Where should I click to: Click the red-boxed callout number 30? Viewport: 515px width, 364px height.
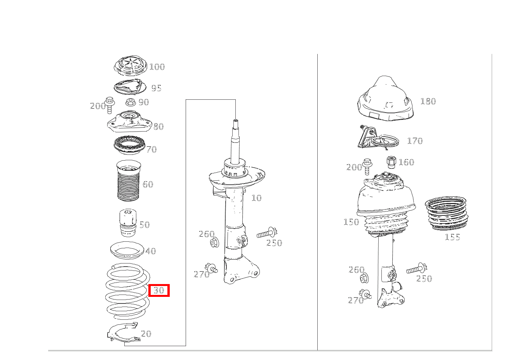(158, 290)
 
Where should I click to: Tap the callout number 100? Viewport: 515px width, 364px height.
(157, 67)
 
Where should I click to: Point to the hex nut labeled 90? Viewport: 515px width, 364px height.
(130, 102)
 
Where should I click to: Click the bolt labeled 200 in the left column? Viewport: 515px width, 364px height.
(110, 105)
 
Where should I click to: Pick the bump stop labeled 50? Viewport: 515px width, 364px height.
(128, 222)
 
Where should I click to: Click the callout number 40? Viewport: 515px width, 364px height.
(151, 251)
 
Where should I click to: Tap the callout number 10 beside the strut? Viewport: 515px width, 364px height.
(256, 198)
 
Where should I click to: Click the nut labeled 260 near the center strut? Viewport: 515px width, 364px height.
(214, 243)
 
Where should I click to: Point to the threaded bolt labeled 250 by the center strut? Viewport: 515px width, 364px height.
(267, 234)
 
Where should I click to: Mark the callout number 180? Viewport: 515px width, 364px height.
(428, 101)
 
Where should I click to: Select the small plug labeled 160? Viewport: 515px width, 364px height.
(391, 162)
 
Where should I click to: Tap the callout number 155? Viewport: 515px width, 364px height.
(452, 237)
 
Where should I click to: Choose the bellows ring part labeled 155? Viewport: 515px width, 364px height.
(446, 213)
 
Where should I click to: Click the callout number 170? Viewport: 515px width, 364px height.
(415, 141)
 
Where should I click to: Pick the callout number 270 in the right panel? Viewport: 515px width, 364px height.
(356, 300)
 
